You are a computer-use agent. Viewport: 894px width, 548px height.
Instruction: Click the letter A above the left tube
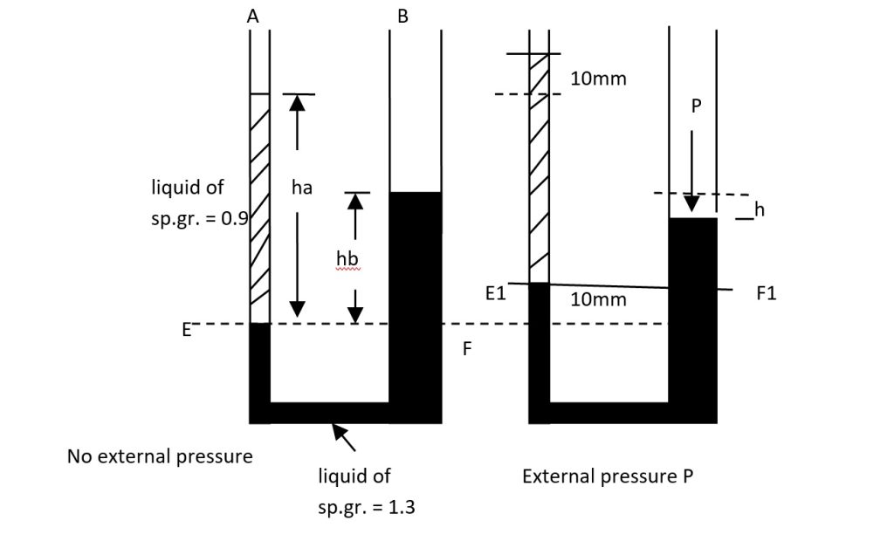point(253,15)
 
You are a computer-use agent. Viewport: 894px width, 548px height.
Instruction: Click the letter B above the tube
point(402,15)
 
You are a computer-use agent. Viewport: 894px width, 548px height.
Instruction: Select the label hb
point(347,258)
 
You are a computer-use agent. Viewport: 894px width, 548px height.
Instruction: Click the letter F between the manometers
point(467,349)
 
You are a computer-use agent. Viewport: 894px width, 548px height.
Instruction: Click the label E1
point(495,294)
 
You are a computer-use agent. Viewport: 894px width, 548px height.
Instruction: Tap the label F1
point(766,294)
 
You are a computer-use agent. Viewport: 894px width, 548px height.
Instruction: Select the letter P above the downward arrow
point(696,106)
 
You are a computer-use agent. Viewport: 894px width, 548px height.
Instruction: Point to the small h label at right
point(760,209)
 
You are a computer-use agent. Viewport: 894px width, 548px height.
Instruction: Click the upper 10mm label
point(598,79)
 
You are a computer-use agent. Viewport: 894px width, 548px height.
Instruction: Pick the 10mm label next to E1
point(598,299)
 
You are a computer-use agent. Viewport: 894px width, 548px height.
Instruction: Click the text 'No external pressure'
point(160,456)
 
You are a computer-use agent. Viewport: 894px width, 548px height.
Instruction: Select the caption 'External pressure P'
point(608,476)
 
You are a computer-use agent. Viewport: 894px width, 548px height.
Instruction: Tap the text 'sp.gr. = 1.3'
point(366,507)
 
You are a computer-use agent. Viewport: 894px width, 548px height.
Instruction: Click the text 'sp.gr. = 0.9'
point(200,218)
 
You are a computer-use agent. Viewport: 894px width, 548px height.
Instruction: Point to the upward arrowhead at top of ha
point(298,101)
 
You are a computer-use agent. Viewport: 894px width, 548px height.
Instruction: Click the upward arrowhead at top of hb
point(354,200)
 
